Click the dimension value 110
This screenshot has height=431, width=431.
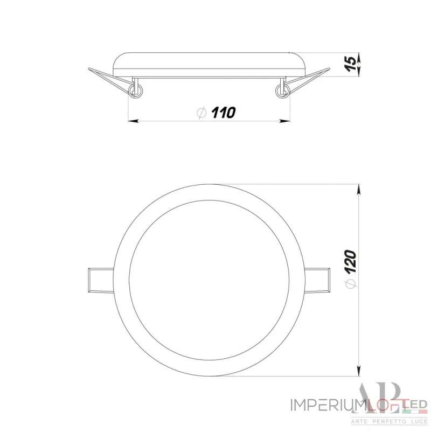click(223, 113)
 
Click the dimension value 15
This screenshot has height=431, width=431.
click(350, 63)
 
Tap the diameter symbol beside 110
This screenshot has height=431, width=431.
click(201, 113)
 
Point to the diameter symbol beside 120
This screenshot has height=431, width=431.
click(350, 281)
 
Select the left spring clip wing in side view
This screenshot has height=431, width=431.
click(108, 77)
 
